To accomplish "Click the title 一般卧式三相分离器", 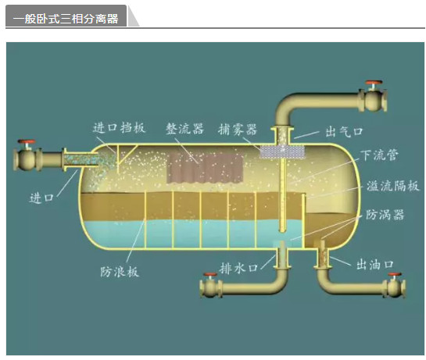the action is tap(66, 19).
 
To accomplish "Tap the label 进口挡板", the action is tap(119, 127).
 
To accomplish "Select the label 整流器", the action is tap(184, 128).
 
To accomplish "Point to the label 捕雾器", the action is tap(237, 129).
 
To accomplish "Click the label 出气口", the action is tap(344, 132).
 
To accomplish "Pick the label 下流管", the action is tap(380, 155).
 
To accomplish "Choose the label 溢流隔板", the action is tap(393, 186).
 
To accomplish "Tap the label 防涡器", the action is tap(385, 215).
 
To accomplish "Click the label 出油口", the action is tap(375, 265).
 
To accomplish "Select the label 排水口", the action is tap(238, 269).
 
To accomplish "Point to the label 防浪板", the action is tap(120, 272).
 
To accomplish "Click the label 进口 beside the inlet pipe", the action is tap(41, 198).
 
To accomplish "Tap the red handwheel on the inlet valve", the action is tap(27, 141).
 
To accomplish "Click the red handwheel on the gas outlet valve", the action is tap(374, 82).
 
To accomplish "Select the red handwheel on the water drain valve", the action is tap(210, 275).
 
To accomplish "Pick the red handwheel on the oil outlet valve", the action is tap(395, 275).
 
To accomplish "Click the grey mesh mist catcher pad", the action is tap(282, 152).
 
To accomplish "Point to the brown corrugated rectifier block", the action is tap(205, 169).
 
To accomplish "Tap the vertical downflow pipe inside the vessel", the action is tap(283, 195).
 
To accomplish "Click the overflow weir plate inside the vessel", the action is tap(304, 220).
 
